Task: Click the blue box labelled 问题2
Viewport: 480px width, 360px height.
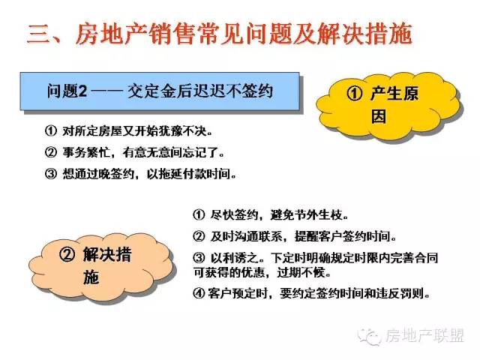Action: pyautogui.click(x=160, y=91)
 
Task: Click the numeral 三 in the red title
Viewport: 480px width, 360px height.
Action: pyautogui.click(x=38, y=34)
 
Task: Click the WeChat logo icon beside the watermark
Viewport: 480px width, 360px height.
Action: pyautogui.click(x=369, y=336)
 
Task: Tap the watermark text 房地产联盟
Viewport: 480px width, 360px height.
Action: pyautogui.click(x=424, y=335)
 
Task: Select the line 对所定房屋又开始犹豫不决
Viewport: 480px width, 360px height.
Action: pyautogui.click(x=128, y=131)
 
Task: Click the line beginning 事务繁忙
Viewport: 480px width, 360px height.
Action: pyautogui.click(x=135, y=152)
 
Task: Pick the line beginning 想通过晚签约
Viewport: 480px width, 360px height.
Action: pyautogui.click(x=141, y=173)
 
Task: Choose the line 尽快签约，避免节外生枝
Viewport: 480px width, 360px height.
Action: pyautogui.click(x=271, y=214)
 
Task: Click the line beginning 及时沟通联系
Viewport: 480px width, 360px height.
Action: pyautogui.click(x=295, y=236)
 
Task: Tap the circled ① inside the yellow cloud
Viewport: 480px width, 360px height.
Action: pyautogui.click(x=355, y=93)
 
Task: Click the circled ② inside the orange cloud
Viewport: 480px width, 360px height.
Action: pyautogui.click(x=67, y=254)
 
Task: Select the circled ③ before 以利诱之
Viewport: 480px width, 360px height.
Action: pyautogui.click(x=199, y=258)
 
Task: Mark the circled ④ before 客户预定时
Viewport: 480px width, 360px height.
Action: pyautogui.click(x=199, y=293)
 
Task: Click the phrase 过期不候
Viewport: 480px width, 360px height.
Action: pyautogui.click(x=304, y=271)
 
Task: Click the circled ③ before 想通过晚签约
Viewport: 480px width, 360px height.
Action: pyautogui.click(x=51, y=173)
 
